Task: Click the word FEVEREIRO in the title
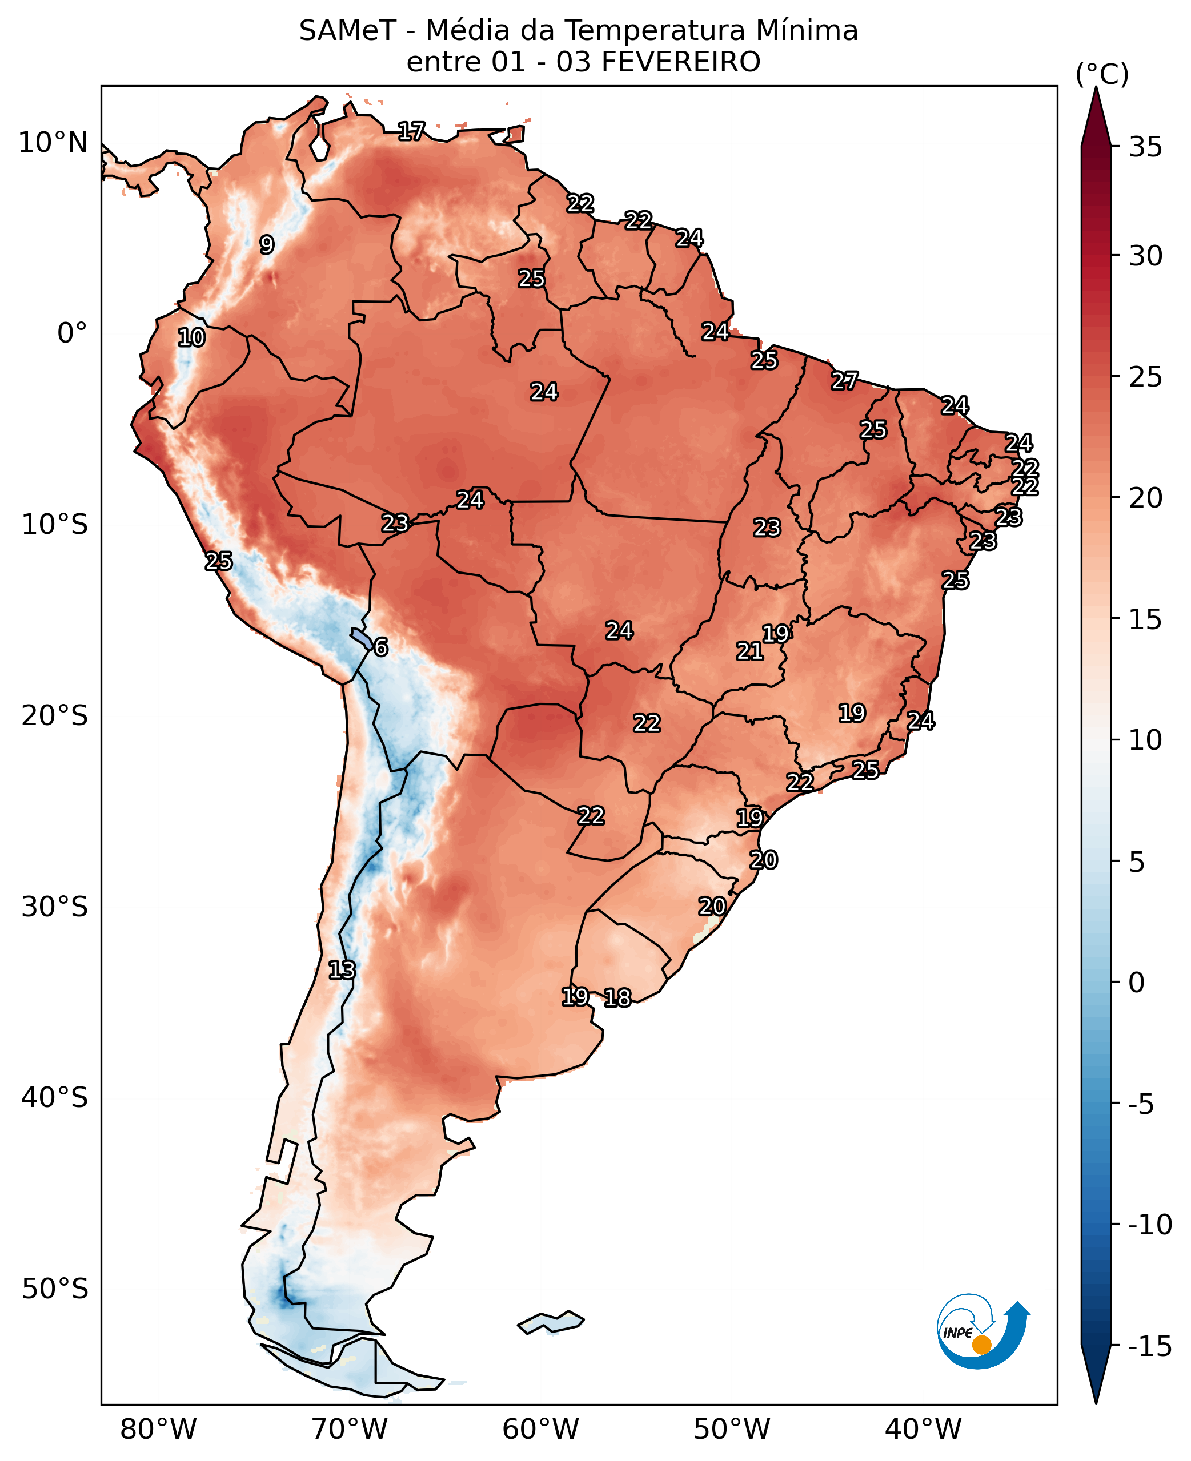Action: coord(680,62)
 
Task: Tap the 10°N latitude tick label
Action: coord(53,143)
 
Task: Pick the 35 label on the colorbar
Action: coord(1145,147)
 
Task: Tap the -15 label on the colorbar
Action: coord(1150,1346)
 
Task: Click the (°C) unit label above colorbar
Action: coord(1102,74)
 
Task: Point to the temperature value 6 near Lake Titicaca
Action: coord(381,647)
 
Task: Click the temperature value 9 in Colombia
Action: coord(267,245)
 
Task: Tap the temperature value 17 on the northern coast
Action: coord(412,131)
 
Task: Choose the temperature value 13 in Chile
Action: coord(342,970)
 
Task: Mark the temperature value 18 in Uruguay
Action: coord(617,998)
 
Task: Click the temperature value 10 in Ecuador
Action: coord(191,337)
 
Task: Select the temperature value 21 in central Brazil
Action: coord(750,651)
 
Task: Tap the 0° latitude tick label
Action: coord(72,333)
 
